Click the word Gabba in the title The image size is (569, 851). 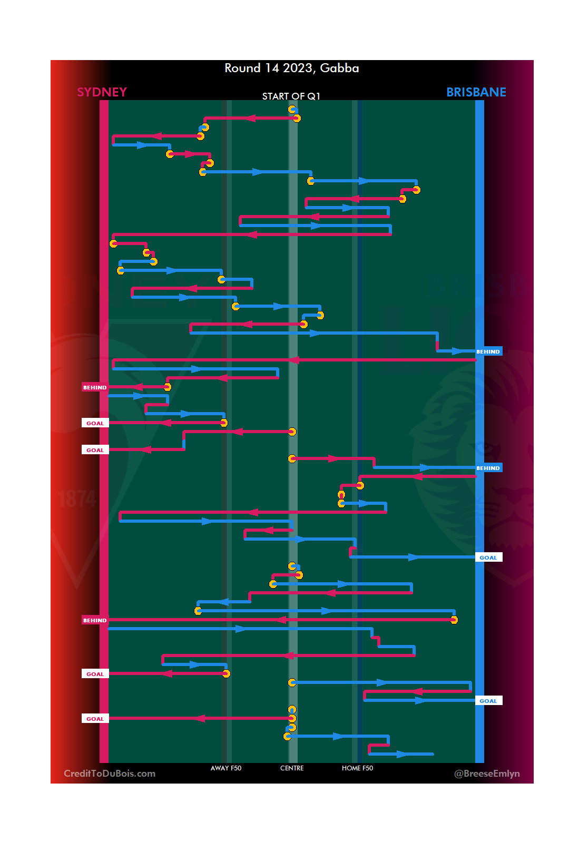pos(339,69)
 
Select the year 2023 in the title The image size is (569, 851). pos(298,69)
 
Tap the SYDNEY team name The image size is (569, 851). pos(102,92)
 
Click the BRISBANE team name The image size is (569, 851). pos(476,92)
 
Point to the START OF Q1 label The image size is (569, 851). pos(291,96)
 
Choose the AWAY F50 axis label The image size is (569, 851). pos(225,768)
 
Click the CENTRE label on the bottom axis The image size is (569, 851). pos(292,768)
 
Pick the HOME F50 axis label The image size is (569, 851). pos(357,768)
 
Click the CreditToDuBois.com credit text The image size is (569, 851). pos(110,774)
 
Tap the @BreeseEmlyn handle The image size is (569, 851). pos(487,774)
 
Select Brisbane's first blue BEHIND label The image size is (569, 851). pos(488,351)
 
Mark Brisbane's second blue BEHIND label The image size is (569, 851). pos(488,468)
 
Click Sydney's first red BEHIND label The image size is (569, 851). pos(95,387)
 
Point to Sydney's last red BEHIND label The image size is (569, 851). pos(95,620)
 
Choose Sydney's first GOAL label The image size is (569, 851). pos(95,423)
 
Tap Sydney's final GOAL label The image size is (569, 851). pos(95,719)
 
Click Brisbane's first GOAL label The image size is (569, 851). pos(488,557)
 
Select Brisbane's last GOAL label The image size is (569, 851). pos(488,701)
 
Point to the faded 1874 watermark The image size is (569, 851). pos(77,498)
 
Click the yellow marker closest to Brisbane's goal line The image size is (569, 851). pos(454,620)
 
